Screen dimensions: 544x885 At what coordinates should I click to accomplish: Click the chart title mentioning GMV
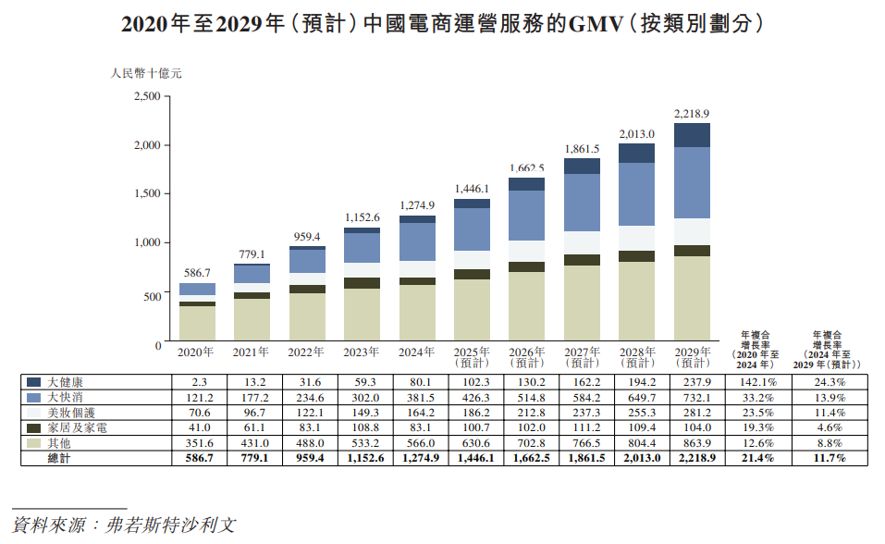(442, 25)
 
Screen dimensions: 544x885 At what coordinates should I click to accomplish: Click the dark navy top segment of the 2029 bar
(691, 135)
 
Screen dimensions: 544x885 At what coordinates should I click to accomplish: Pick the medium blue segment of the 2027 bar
(583, 202)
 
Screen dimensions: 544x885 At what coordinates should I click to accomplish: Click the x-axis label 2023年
(362, 352)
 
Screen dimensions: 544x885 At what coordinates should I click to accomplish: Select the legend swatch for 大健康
(34, 382)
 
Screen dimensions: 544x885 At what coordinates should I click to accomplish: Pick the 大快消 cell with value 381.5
(417, 397)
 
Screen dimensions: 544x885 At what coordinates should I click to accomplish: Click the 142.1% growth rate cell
(757, 382)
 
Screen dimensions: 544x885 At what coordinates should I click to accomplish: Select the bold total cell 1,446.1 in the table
(472, 458)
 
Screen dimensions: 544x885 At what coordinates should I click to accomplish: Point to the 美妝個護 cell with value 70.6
(198, 413)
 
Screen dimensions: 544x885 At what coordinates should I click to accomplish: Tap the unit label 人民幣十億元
(140, 71)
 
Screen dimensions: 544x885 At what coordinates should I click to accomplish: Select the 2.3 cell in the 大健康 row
(198, 382)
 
